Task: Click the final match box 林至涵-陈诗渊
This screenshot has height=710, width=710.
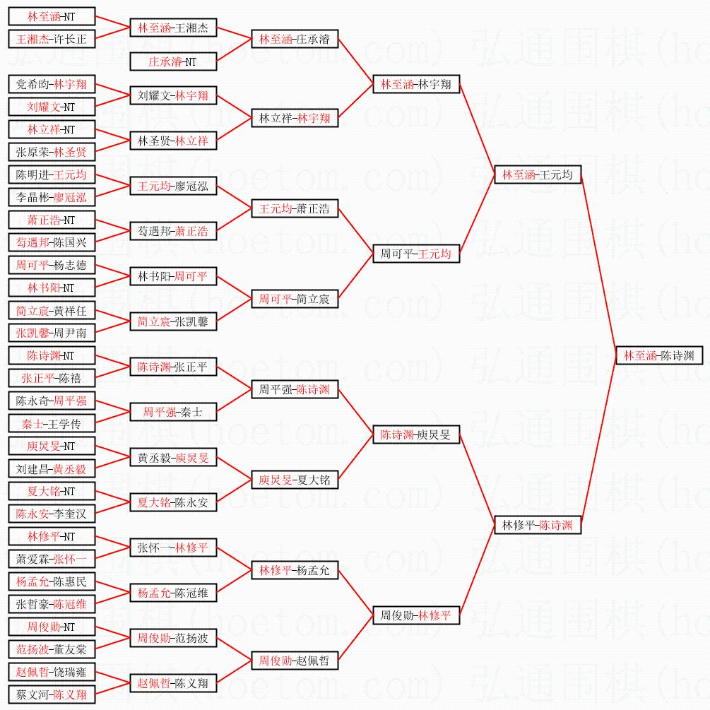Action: (659, 355)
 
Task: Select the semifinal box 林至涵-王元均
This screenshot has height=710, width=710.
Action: (538, 174)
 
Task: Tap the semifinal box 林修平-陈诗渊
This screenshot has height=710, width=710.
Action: (538, 525)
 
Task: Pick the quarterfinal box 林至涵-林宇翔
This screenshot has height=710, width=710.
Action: (416, 84)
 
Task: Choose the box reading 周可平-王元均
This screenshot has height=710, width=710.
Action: (416, 254)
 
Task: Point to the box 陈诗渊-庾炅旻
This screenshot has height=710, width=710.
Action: (416, 434)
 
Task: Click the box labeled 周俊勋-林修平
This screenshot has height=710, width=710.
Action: (416, 615)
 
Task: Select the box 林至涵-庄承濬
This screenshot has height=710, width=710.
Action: (295, 39)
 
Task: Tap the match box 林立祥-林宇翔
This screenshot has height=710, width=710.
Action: (295, 118)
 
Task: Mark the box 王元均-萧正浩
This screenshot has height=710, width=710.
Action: (295, 208)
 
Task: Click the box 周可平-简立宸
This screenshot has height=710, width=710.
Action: (295, 299)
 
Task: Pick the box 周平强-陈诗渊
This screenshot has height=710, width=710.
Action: (295, 389)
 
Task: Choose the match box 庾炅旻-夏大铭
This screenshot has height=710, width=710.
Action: (295, 480)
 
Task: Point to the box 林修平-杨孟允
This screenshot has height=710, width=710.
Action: (295, 570)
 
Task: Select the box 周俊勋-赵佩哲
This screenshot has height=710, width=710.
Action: (295, 661)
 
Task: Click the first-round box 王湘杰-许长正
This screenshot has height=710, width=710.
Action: (52, 39)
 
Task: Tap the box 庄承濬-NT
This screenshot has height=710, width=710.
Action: (173, 61)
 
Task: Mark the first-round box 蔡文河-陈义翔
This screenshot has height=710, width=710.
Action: (52, 694)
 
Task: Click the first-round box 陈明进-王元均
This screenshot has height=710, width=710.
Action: (52, 174)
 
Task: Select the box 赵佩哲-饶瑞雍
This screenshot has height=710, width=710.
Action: (52, 672)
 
